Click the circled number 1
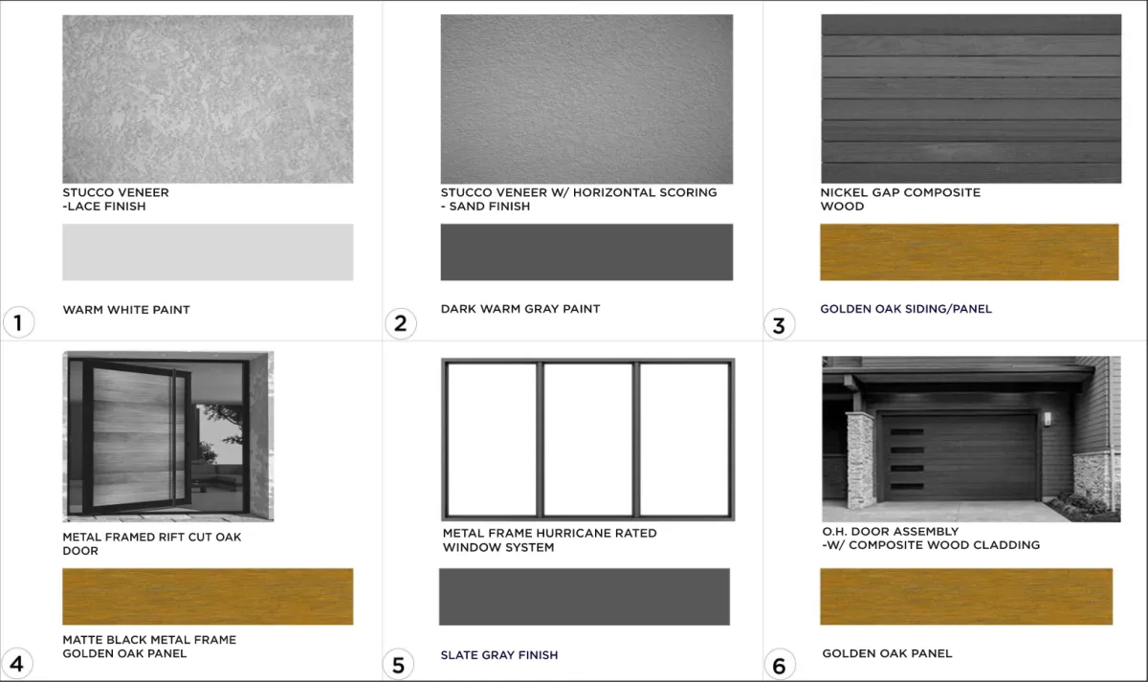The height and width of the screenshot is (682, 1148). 18,322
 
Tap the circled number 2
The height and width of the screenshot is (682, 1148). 401,323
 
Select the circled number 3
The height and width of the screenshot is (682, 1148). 779,324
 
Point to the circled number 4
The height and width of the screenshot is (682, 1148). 17,664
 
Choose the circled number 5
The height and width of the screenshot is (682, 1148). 398,665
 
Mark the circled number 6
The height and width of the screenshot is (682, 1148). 780,665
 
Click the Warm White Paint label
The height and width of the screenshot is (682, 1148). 126,310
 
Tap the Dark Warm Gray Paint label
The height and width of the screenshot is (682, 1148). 520,308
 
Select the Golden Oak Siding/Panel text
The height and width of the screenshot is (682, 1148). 906,308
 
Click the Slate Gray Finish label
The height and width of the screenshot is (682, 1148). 499,655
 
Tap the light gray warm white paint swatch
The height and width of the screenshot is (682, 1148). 208,253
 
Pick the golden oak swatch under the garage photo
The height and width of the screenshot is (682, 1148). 966,597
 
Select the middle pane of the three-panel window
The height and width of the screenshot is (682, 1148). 587,439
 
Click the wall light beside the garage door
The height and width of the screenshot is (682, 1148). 1048,419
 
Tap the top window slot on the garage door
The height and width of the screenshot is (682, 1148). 907,432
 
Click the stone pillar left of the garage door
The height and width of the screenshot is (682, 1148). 861,460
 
